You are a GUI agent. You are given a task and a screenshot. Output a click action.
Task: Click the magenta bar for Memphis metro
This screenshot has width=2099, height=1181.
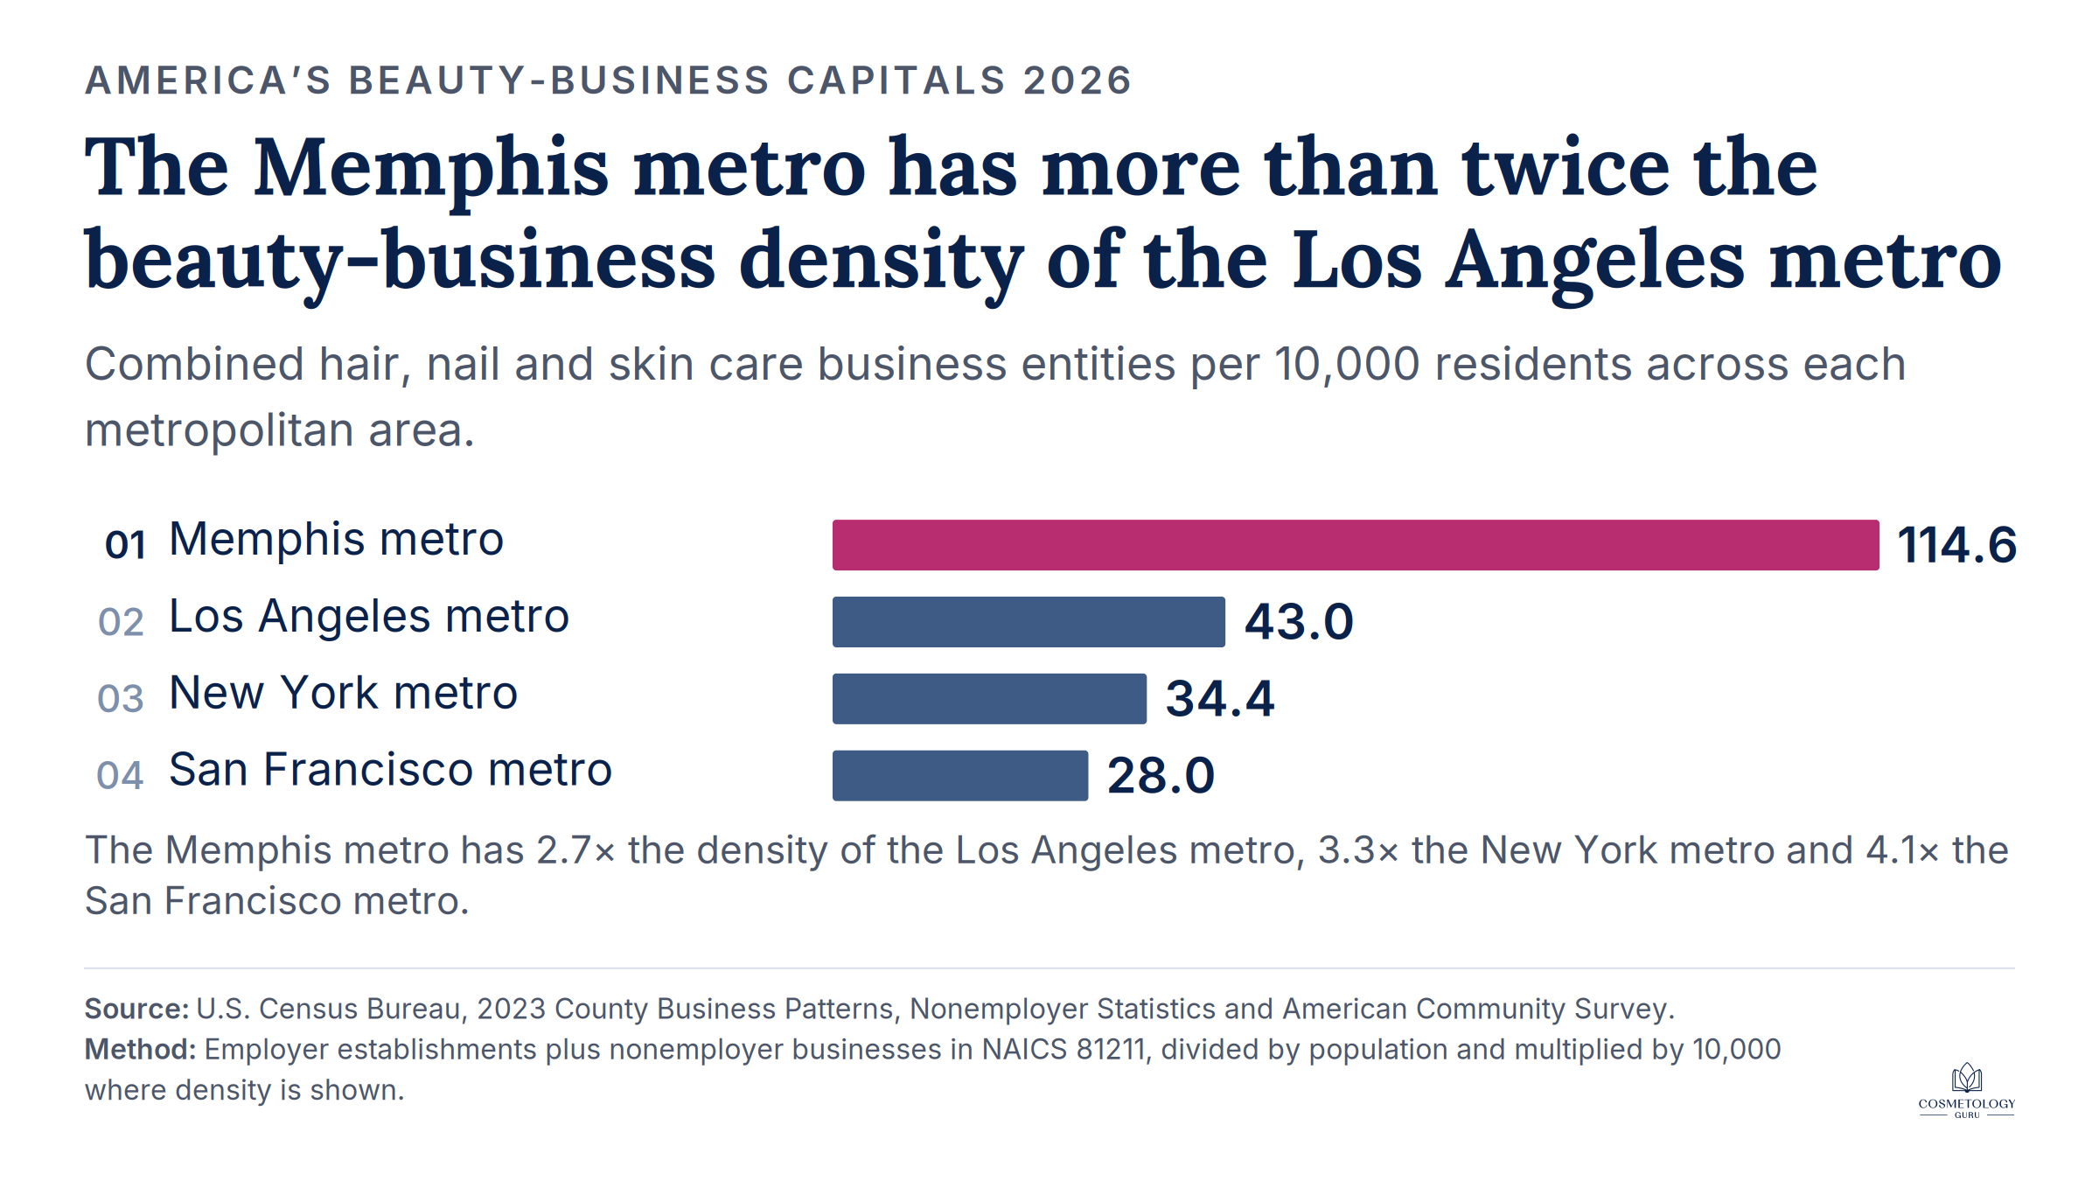1356,545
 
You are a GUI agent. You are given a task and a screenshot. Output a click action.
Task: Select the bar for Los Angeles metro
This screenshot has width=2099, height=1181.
1029,622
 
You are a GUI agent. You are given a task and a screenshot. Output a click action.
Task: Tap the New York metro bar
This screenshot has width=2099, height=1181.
989,699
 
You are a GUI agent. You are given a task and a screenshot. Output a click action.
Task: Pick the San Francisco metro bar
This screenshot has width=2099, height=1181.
960,775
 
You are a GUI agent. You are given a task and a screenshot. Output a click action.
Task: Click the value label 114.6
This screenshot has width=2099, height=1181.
1957,545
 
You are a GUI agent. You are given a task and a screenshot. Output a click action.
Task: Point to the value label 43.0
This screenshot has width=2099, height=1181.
1299,622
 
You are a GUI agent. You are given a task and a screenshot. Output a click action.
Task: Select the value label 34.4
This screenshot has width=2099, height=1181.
1220,699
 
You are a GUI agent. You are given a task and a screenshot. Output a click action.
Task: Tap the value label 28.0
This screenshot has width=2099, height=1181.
1161,776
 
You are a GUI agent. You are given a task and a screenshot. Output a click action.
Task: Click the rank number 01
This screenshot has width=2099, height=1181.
125,545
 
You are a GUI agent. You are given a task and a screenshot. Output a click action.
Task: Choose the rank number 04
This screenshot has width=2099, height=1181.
120,776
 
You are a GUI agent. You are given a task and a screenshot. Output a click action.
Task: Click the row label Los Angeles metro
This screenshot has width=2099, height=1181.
369,617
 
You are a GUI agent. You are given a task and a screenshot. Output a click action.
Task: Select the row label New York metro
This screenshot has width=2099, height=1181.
344,693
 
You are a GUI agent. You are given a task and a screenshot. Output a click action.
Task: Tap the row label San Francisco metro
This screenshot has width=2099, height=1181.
391,770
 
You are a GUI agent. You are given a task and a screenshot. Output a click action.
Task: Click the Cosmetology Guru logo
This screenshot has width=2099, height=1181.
1967,1091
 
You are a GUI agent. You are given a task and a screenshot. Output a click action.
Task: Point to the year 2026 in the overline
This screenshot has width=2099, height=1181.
1077,80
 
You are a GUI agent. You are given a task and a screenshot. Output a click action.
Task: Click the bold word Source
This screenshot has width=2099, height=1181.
136,1009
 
